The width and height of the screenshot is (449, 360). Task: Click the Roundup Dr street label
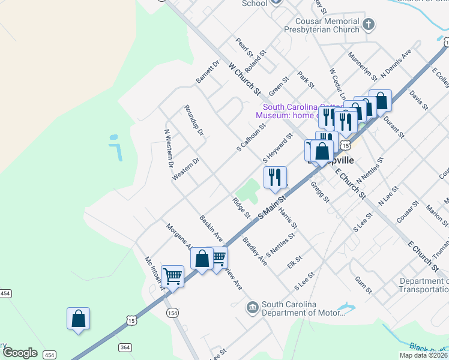194,120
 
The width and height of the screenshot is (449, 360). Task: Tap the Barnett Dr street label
208,71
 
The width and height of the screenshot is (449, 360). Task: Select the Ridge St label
241,206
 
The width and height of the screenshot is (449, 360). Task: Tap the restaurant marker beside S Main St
274,177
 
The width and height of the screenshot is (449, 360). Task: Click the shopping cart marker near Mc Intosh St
173,276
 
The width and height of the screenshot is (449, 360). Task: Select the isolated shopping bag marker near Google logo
79,318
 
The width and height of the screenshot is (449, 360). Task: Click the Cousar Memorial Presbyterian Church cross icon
369,25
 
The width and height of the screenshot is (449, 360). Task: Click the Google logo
20,352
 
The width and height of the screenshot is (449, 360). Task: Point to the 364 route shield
125,347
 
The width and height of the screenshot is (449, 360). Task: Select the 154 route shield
172,313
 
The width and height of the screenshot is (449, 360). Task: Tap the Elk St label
294,262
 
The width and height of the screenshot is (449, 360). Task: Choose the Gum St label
364,284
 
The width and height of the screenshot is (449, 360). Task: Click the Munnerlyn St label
362,67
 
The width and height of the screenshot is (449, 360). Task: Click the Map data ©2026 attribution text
423,355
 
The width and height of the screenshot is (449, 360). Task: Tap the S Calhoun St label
251,137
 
